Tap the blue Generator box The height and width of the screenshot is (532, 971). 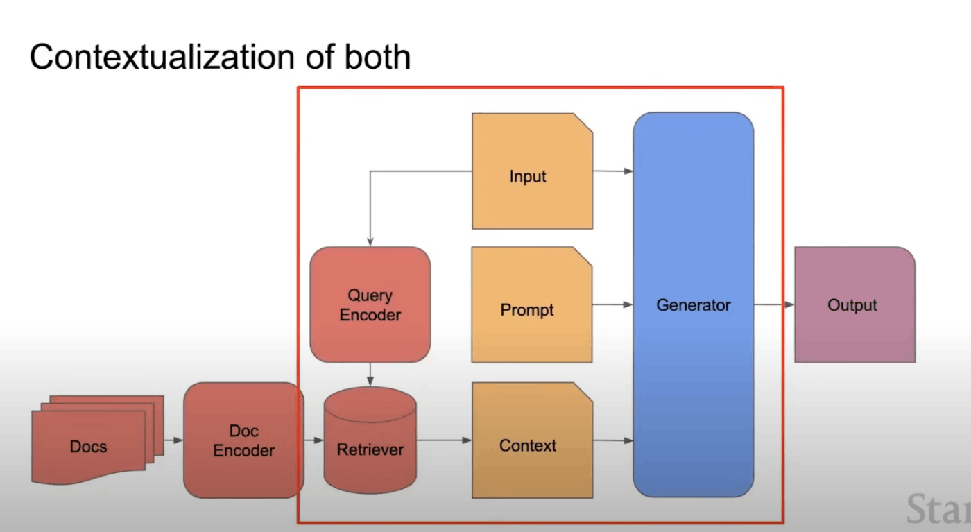pos(693,304)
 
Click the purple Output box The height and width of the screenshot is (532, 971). pos(854,304)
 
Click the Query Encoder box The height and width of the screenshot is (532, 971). pos(370,304)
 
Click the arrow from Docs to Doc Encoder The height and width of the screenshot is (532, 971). pos(173,440)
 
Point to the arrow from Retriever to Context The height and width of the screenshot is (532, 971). pos(444,440)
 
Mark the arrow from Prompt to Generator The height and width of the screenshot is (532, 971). pos(612,304)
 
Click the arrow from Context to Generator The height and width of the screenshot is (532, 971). pos(612,440)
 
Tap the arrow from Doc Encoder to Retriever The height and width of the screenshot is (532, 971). pos(313,440)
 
